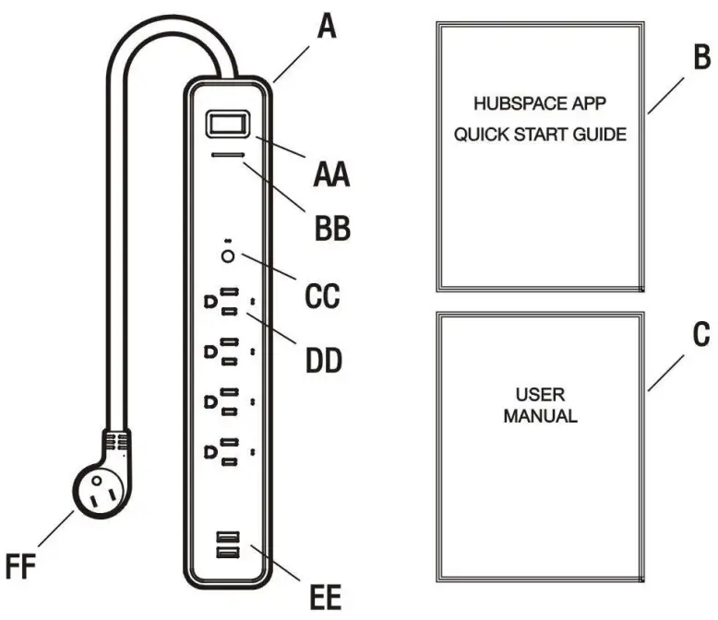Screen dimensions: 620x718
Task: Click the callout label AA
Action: coord(329,173)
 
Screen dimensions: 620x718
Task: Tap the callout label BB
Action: coord(329,228)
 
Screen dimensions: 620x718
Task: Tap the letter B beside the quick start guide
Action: coord(701,58)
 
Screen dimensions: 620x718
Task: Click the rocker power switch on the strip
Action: coord(227,125)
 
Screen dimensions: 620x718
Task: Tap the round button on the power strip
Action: coord(228,256)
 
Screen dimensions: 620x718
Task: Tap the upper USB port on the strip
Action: coord(228,538)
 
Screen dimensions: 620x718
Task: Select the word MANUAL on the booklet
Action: coord(541,416)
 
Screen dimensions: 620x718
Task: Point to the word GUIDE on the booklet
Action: coord(601,135)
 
